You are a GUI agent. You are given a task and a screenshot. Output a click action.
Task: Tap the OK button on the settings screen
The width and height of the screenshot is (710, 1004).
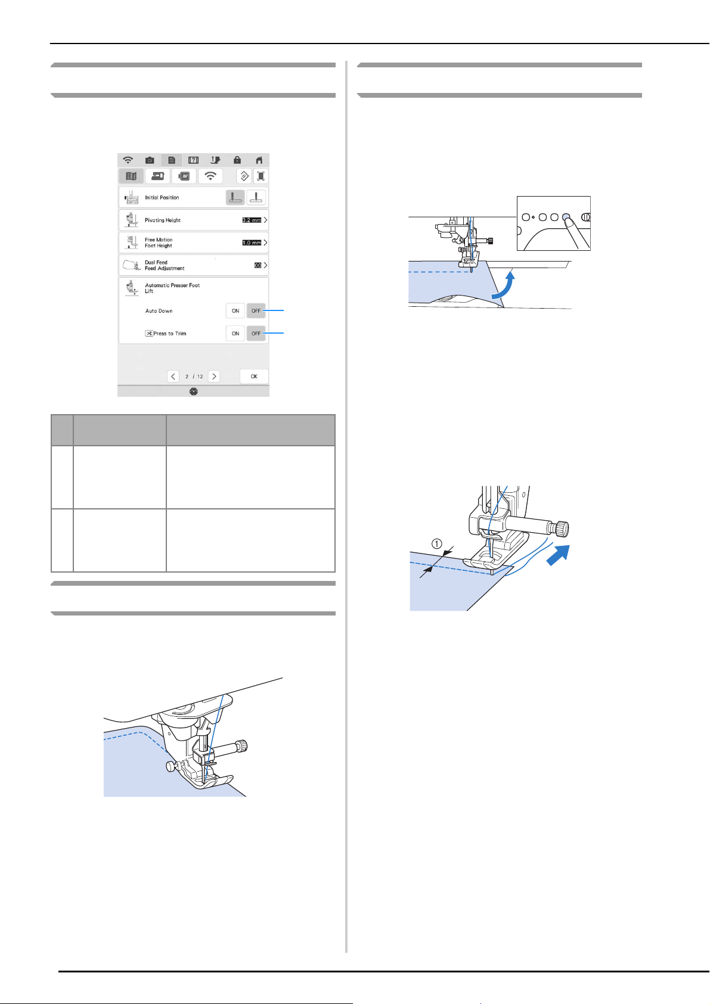(254, 377)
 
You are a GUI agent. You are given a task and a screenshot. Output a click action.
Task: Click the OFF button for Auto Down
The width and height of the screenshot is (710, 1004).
(256, 311)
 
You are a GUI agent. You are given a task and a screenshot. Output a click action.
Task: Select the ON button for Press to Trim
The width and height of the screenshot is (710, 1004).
(235, 334)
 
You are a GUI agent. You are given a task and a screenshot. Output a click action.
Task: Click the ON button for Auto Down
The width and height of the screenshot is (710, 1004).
(235, 311)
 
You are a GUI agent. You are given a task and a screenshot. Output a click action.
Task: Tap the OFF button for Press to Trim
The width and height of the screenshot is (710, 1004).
(256, 334)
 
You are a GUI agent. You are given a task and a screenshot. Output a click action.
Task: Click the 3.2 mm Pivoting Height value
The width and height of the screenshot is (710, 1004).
(252, 220)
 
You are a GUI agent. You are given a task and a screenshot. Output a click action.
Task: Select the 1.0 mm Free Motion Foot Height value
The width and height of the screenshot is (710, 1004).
(252, 243)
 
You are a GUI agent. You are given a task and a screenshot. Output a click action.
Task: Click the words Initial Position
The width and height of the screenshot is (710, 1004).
(162, 198)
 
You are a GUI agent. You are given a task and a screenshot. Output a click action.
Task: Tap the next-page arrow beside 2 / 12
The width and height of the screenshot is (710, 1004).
(214, 377)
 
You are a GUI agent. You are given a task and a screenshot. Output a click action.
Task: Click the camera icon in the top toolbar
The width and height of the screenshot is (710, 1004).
(150, 160)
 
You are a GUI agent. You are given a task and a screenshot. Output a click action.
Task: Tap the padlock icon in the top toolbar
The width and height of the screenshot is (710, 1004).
(237, 160)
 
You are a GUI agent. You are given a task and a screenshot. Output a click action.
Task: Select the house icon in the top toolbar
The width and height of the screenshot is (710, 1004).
(259, 160)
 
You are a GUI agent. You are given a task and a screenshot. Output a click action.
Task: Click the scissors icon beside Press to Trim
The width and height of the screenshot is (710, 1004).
(149, 334)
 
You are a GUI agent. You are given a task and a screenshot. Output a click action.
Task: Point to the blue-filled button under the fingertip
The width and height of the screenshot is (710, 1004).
(566, 217)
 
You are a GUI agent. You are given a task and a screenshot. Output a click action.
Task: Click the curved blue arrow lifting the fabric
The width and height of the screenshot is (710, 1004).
(502, 284)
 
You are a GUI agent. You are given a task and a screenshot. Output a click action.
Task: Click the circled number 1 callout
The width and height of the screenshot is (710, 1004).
(437, 543)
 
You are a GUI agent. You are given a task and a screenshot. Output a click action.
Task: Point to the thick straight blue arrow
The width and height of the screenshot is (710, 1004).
(558, 555)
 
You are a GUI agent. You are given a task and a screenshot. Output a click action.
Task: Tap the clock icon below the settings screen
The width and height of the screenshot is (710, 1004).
(194, 391)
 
